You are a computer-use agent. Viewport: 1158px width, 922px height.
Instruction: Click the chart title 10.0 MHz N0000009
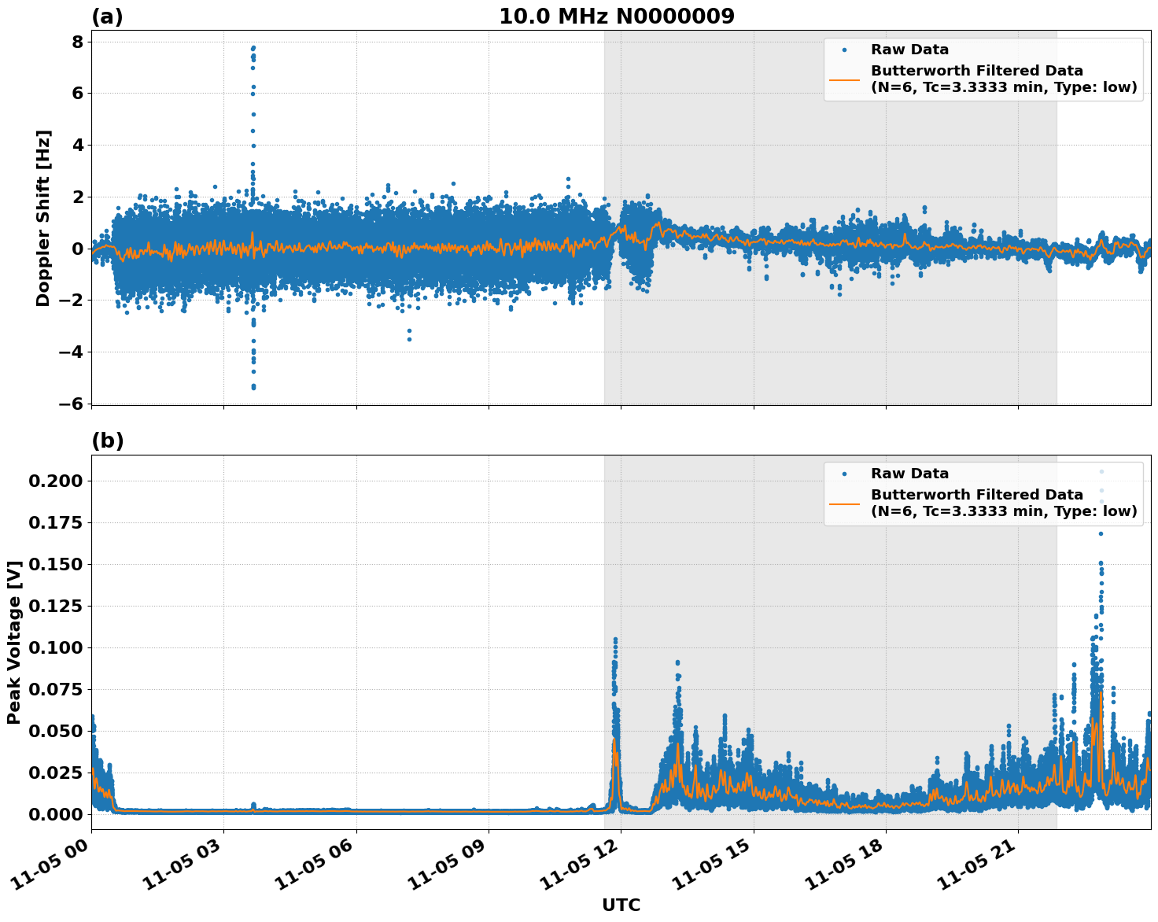pyautogui.click(x=616, y=17)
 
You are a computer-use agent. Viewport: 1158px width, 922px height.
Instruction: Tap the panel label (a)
pyautogui.click(x=107, y=17)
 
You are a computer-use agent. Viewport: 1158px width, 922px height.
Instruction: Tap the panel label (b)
pyautogui.click(x=108, y=441)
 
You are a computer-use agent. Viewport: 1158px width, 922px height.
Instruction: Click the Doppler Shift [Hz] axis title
pyautogui.click(x=43, y=218)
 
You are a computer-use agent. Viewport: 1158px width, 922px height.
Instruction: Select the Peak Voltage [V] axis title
pyautogui.click(x=14, y=642)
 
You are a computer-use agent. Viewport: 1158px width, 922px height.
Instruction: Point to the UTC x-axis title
pyautogui.click(x=621, y=905)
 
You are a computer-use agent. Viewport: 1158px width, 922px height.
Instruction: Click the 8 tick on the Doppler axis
pyautogui.click(x=77, y=42)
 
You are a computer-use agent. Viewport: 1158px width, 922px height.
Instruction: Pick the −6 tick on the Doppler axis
pyautogui.click(x=71, y=404)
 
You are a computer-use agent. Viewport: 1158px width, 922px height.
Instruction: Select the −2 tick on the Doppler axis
pyautogui.click(x=71, y=301)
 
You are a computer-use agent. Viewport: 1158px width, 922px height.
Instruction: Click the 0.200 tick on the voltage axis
pyautogui.click(x=54, y=481)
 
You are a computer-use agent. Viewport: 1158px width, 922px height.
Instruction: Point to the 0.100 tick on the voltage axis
pyautogui.click(x=54, y=647)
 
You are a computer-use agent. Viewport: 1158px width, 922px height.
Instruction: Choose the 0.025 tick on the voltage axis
pyautogui.click(x=54, y=773)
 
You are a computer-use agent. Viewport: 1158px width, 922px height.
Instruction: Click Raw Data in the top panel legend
pyautogui.click(x=909, y=50)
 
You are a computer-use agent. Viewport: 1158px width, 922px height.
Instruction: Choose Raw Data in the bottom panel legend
pyautogui.click(x=909, y=474)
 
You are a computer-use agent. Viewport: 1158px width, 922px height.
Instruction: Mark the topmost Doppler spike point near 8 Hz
pyautogui.click(x=253, y=47)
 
